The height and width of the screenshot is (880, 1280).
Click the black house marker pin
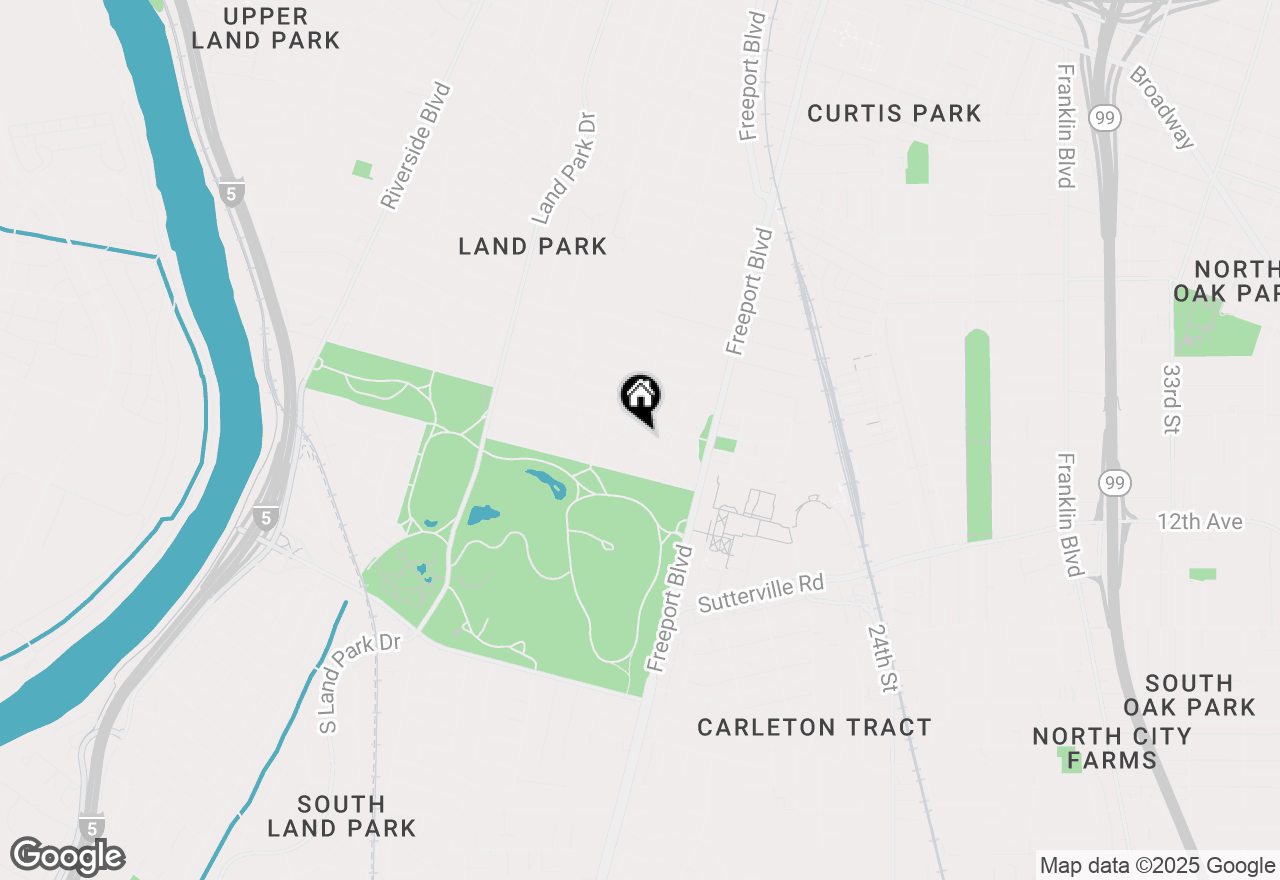pos(640,397)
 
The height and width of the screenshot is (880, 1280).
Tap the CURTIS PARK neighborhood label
pos(894,114)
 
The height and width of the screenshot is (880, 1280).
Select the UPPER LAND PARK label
pos(266,28)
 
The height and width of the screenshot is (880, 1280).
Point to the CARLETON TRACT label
pos(814,727)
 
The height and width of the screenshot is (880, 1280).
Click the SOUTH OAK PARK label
pos(1189,695)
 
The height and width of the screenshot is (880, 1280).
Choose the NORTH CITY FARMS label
pos(1112,748)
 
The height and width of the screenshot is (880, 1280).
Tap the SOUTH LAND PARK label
pos(341,816)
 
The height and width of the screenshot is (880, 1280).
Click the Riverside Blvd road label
pos(416,146)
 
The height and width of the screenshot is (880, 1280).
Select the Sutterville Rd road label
pos(760,593)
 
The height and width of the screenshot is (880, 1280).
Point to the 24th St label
pos(882,659)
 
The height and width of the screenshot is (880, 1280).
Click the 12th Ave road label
pos(1200,522)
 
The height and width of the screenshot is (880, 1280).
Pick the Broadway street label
pos(1162,107)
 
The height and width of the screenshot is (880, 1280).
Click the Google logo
pos(68,856)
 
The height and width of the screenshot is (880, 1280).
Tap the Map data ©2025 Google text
pos(1157,866)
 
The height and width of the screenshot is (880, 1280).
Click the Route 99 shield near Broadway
pos(1106,119)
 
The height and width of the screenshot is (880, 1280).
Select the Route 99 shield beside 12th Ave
pos(1113,484)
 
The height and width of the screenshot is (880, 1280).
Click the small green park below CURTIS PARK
pos(917,163)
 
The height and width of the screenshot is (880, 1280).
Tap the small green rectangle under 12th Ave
pos(1203,574)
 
